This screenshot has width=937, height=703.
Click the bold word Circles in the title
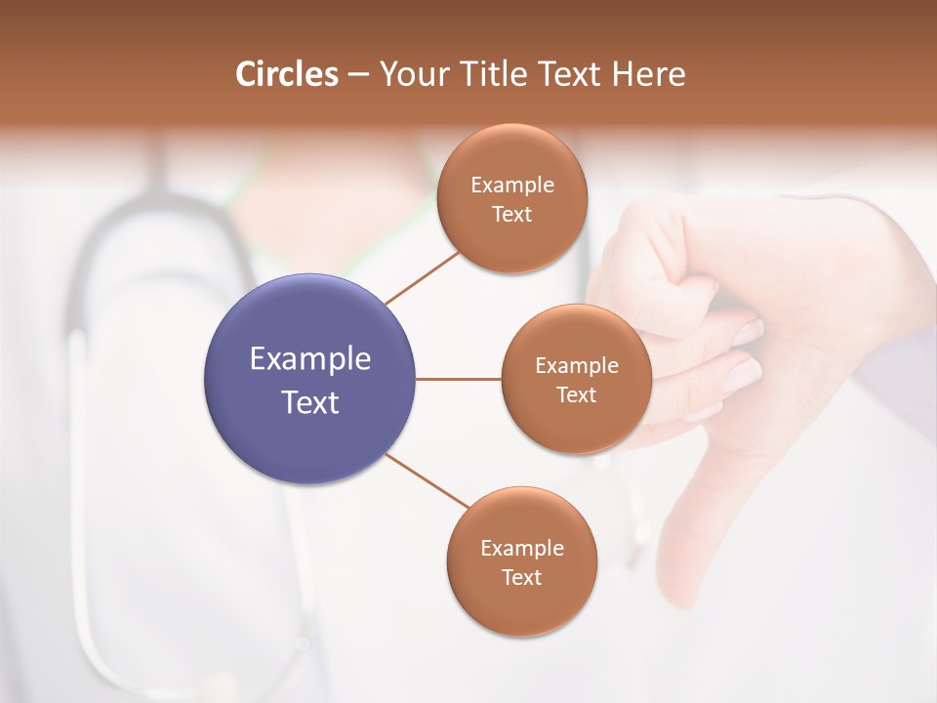[x=287, y=74]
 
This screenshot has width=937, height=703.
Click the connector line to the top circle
[x=422, y=277]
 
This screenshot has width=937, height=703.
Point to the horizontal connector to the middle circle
[x=459, y=379]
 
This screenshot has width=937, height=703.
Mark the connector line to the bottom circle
[x=428, y=481]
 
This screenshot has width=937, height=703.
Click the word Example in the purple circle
[x=310, y=359]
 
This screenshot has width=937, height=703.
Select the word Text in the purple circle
[x=310, y=402]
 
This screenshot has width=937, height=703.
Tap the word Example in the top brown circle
[x=512, y=185]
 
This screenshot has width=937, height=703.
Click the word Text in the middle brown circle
[x=577, y=394]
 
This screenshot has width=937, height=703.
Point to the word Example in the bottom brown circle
[x=522, y=548]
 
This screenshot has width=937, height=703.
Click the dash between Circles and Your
[x=358, y=74]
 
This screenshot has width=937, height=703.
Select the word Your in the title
[x=411, y=74]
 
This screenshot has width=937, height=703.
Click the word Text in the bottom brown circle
[x=522, y=577]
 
